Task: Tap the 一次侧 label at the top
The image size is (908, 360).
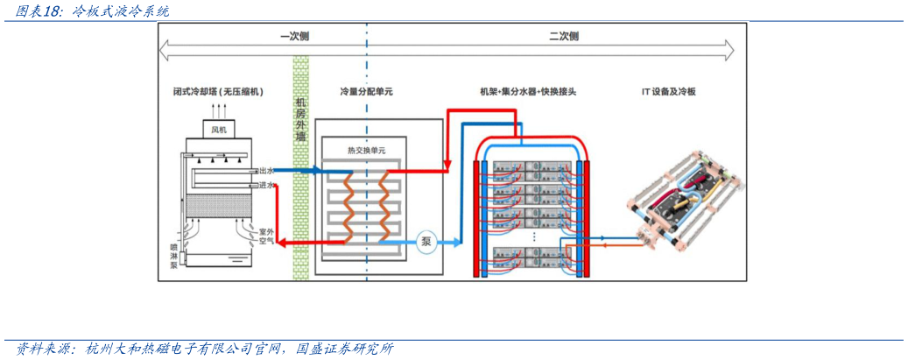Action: pyautogui.click(x=294, y=37)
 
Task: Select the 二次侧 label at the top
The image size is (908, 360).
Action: pyautogui.click(x=564, y=37)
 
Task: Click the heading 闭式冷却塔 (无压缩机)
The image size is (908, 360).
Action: pyautogui.click(x=218, y=91)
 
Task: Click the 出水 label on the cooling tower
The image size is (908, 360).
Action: pyautogui.click(x=266, y=171)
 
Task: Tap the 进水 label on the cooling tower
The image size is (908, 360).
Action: pyautogui.click(x=266, y=185)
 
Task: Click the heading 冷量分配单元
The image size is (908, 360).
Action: pyautogui.click(x=365, y=91)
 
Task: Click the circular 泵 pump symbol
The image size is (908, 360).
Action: pyautogui.click(x=426, y=242)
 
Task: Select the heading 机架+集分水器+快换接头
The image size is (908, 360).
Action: pyautogui.click(x=526, y=91)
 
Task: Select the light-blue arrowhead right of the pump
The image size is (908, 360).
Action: pyautogui.click(x=455, y=242)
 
